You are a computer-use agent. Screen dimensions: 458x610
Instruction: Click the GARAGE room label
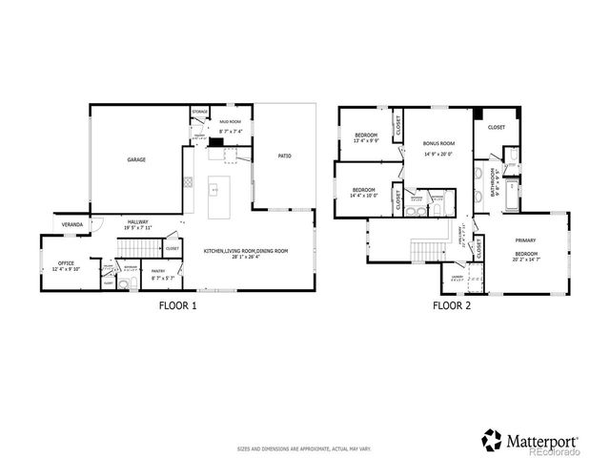[137, 160]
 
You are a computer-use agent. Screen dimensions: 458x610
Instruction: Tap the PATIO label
[284, 156]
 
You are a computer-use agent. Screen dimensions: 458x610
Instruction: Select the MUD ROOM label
[229, 123]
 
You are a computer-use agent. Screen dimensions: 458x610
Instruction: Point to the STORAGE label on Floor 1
[200, 113]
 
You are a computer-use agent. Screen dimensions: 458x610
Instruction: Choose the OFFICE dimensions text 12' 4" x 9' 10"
[65, 269]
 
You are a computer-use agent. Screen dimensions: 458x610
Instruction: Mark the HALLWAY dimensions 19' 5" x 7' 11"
[138, 229]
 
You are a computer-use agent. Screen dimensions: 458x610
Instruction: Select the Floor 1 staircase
[128, 250]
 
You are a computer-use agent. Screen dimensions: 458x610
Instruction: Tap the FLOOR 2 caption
[452, 306]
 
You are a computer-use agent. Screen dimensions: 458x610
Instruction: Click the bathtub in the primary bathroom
[512, 195]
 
